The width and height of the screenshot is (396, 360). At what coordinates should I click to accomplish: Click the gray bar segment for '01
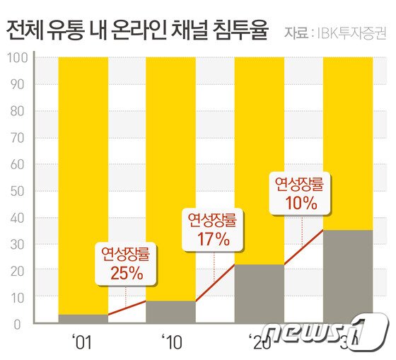pyautogui.click(x=83, y=319)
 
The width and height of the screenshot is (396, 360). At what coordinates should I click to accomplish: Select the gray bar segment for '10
pyautogui.click(x=170, y=312)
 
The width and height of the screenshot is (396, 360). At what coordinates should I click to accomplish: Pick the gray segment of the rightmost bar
pyautogui.click(x=347, y=276)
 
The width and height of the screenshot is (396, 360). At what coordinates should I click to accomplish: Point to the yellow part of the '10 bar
pyautogui.click(x=170, y=141)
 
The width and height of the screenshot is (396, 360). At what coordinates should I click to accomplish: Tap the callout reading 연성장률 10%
pyautogui.click(x=301, y=193)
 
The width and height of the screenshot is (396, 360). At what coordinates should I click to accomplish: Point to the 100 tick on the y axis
pyautogui.click(x=16, y=58)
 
